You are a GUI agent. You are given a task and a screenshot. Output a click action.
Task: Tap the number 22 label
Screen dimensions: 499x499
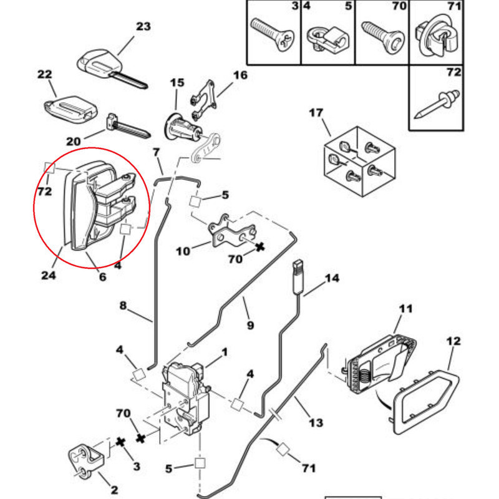[44, 74]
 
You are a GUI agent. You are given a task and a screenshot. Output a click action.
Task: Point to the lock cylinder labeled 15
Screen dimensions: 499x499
[182, 125]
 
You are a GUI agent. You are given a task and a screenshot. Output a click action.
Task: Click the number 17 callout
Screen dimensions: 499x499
[316, 113]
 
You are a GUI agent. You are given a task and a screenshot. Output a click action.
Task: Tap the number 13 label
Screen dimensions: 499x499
[316, 422]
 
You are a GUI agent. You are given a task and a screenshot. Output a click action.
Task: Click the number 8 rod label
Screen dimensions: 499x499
[123, 306]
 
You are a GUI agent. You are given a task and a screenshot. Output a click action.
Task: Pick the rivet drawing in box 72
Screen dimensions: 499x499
[436, 104]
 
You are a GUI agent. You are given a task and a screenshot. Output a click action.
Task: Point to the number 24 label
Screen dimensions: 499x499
[49, 274]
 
